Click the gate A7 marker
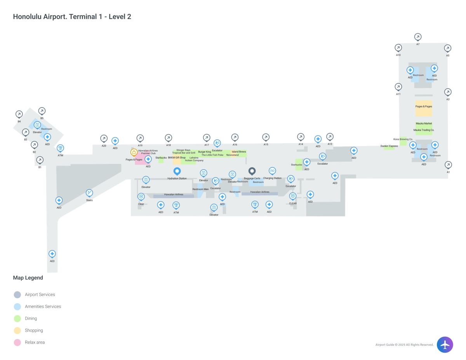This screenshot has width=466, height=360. pyautogui.click(x=418, y=37)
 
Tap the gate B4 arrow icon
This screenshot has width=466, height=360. pyautogui.click(x=19, y=114)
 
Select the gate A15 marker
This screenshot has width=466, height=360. pyautogui.click(x=266, y=137)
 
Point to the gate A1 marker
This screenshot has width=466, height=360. pyautogui.click(x=448, y=165)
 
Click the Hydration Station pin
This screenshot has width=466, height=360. pyautogui.click(x=177, y=171)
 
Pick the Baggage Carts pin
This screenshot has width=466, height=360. pyautogui.click(x=252, y=171)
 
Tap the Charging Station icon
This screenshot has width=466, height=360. pyautogui.click(x=272, y=170)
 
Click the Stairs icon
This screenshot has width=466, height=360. pyautogui.click(x=89, y=193)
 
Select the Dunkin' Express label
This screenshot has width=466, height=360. pyautogui.click(x=389, y=146)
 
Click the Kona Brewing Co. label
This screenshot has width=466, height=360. pyautogui.click(x=403, y=139)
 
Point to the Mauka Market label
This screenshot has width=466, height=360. pyautogui.click(x=424, y=123)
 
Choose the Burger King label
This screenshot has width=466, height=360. pyautogui.click(x=205, y=152)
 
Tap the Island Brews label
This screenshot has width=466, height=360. pyautogui.click(x=239, y=152)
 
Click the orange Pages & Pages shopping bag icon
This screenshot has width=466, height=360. pyautogui.click(x=134, y=152)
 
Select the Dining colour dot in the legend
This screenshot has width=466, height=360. pyautogui.click(x=17, y=318)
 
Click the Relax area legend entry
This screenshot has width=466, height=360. pyautogui.click(x=35, y=343)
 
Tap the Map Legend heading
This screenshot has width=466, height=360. pyautogui.click(x=28, y=278)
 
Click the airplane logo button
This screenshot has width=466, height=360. pyautogui.click(x=445, y=344)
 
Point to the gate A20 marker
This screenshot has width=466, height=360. pyautogui.click(x=104, y=138)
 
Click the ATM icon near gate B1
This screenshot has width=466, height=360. pyautogui.click(x=60, y=148)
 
